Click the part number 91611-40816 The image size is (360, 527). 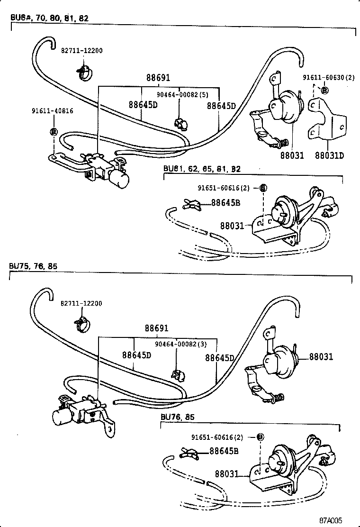click(52, 111)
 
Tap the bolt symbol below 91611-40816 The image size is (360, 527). click(53, 131)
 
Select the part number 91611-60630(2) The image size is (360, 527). click(328, 78)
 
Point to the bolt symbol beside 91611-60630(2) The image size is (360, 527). click(324, 90)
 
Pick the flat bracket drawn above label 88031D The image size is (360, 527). click(325, 120)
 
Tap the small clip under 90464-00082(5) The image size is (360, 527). click(180, 124)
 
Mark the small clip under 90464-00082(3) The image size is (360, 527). click(177, 375)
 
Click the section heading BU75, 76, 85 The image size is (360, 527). click(33, 266)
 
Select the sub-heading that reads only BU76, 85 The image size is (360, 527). click(177, 417)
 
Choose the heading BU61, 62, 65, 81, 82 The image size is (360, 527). click(202, 169)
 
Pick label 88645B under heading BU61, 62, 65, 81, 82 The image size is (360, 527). click(225, 203)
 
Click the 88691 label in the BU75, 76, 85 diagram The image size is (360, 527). click(157, 328)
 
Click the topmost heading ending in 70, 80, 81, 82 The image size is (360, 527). click(49, 18)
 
